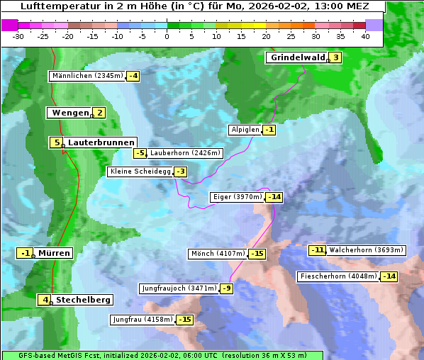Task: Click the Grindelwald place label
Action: coord(297,57)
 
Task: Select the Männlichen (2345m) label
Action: coord(87,76)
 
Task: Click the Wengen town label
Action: coord(69,113)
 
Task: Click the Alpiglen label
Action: coord(245,130)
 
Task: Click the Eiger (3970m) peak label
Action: coord(238,197)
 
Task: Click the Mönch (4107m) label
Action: coord(218,254)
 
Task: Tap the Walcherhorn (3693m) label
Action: coord(367,250)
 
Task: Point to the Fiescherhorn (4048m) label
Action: coord(337,276)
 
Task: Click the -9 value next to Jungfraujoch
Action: coord(226,288)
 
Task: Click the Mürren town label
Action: coord(54,253)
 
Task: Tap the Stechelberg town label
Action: coord(84,300)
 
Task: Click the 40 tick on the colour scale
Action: coord(365,35)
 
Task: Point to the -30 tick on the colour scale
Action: coord(18,35)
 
